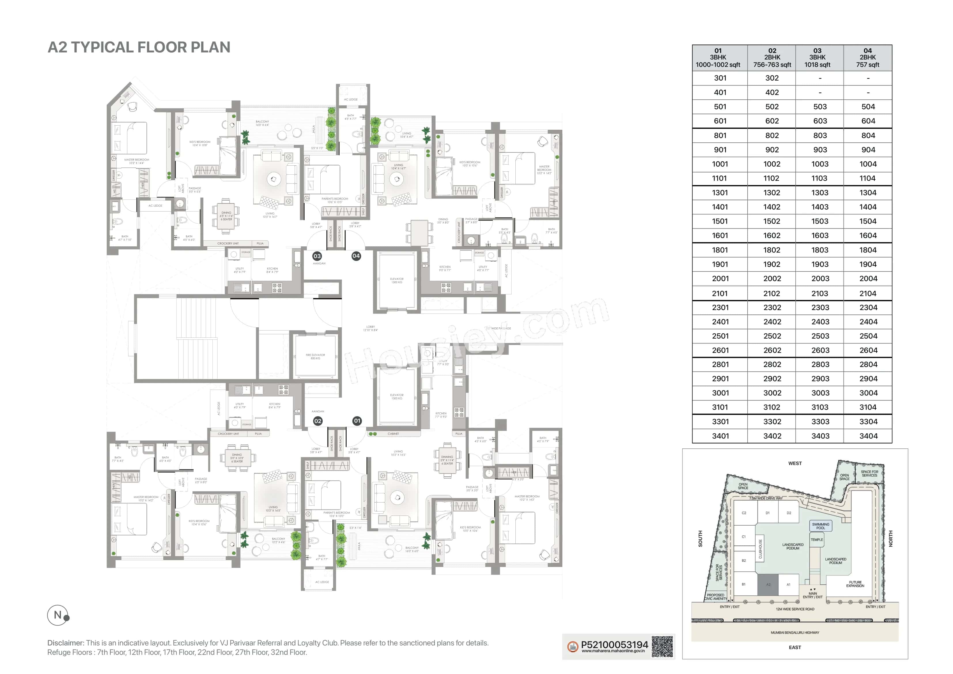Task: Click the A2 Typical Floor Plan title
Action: click(x=139, y=47)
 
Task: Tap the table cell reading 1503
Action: click(x=820, y=221)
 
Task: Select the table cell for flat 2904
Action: click(x=868, y=379)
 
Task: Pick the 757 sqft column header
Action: click(x=867, y=58)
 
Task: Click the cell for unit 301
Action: click(x=720, y=78)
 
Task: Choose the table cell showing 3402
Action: click(x=772, y=436)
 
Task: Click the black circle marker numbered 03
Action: click(x=317, y=256)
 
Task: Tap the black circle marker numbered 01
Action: click(x=357, y=421)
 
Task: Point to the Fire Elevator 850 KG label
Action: click(x=315, y=356)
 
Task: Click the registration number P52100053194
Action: click(x=614, y=645)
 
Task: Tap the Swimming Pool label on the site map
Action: click(x=820, y=526)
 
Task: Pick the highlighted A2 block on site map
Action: click(x=768, y=585)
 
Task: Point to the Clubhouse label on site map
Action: click(x=760, y=549)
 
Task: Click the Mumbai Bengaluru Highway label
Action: click(x=795, y=633)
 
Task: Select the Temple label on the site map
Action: click(x=816, y=540)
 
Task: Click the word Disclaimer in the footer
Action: click(x=66, y=643)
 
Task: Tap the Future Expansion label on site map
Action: click(x=855, y=584)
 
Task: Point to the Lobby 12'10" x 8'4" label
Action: click(x=370, y=328)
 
